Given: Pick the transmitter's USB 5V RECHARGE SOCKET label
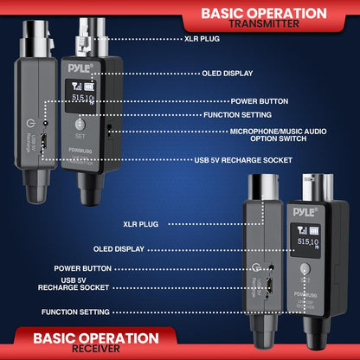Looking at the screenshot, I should (243, 160).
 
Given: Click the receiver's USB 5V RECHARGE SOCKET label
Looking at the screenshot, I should (87, 286).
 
